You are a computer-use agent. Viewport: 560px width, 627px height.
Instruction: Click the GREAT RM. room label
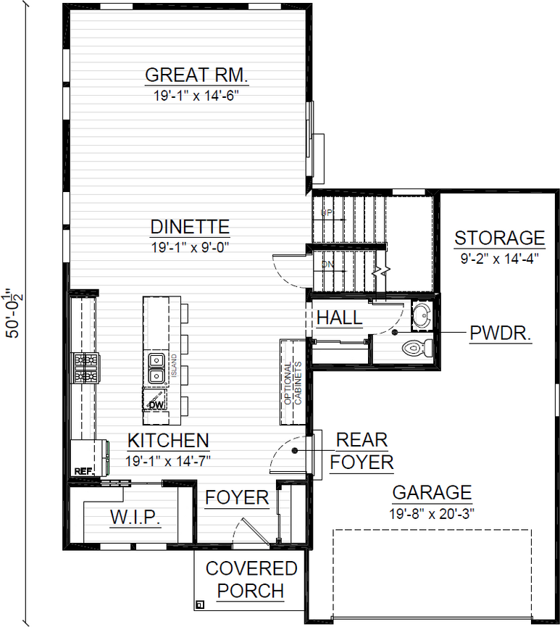197,75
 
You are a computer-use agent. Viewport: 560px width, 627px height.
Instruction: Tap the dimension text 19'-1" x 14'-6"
197,95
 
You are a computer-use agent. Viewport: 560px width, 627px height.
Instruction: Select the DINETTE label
190,227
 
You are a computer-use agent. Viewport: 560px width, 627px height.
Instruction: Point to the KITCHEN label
168,440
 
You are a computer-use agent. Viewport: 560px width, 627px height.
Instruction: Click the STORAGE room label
499,238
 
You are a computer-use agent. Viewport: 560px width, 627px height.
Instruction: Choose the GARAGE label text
432,493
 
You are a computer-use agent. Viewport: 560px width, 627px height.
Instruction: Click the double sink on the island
156,368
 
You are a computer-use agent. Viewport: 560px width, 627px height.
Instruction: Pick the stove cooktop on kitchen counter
85,368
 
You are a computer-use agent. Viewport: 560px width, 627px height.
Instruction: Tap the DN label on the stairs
327,265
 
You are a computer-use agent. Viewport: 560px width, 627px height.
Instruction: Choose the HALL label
339,317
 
